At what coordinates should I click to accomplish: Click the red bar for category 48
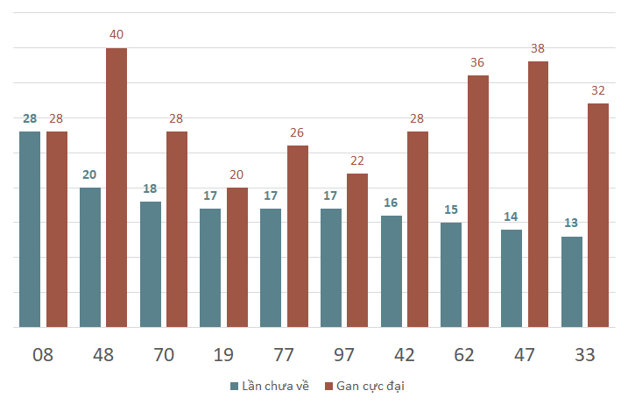116,188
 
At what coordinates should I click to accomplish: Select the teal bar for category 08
30,230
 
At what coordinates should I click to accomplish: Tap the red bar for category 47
538,195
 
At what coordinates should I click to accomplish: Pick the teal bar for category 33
571,282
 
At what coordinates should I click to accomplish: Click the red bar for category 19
237,258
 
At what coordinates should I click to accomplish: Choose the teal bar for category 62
450,275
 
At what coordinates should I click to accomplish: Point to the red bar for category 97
357,251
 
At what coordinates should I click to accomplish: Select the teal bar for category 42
391,272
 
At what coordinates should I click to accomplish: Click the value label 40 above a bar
116,35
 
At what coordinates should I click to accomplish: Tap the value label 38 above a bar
538,49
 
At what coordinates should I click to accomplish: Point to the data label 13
571,224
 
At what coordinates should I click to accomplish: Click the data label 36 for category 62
477,63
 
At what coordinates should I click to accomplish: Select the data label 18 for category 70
150,188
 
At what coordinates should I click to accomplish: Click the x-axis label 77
284,355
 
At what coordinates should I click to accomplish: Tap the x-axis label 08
43,355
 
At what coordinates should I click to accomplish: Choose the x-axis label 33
585,355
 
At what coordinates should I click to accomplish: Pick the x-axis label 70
164,355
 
